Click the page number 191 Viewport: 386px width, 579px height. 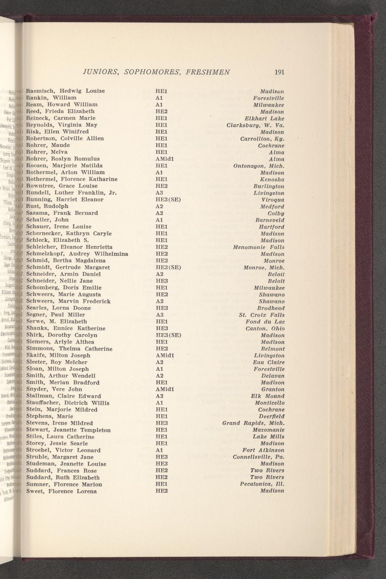pos(280,72)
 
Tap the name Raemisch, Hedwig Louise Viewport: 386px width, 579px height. pos(65,91)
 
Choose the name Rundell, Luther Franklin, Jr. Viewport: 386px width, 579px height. pos(71,193)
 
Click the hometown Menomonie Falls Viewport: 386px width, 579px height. pos(259,247)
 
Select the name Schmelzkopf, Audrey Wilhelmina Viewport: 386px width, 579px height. pos(77,254)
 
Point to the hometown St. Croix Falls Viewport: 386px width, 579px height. pos(262,315)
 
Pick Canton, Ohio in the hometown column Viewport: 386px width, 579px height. pos(265,329)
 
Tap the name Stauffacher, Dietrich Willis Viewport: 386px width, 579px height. pos(67,403)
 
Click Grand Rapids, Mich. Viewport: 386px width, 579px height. pos(253,423)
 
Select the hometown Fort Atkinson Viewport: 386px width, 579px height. pos(263,450)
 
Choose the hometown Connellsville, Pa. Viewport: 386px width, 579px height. pos(258,456)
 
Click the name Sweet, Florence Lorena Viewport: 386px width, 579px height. pos(61,491)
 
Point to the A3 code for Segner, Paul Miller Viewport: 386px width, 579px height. pos(159,315)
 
